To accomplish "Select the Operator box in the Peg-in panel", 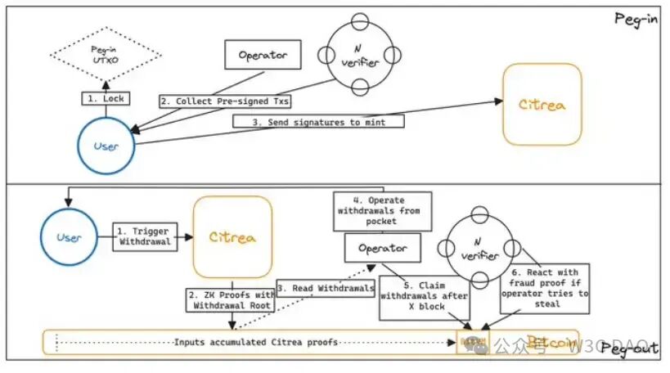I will [263, 55].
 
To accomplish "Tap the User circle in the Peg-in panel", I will [106, 147].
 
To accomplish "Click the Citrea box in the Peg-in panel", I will [542, 104].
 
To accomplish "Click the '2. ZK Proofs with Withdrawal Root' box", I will [232, 299].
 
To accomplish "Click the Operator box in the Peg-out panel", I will [381, 246].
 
